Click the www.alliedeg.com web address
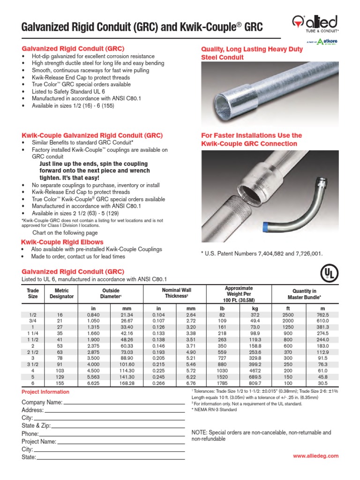(315, 456)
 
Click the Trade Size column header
(33, 293)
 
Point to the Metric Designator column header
(61, 293)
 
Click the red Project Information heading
(45, 392)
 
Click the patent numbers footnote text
(262, 254)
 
